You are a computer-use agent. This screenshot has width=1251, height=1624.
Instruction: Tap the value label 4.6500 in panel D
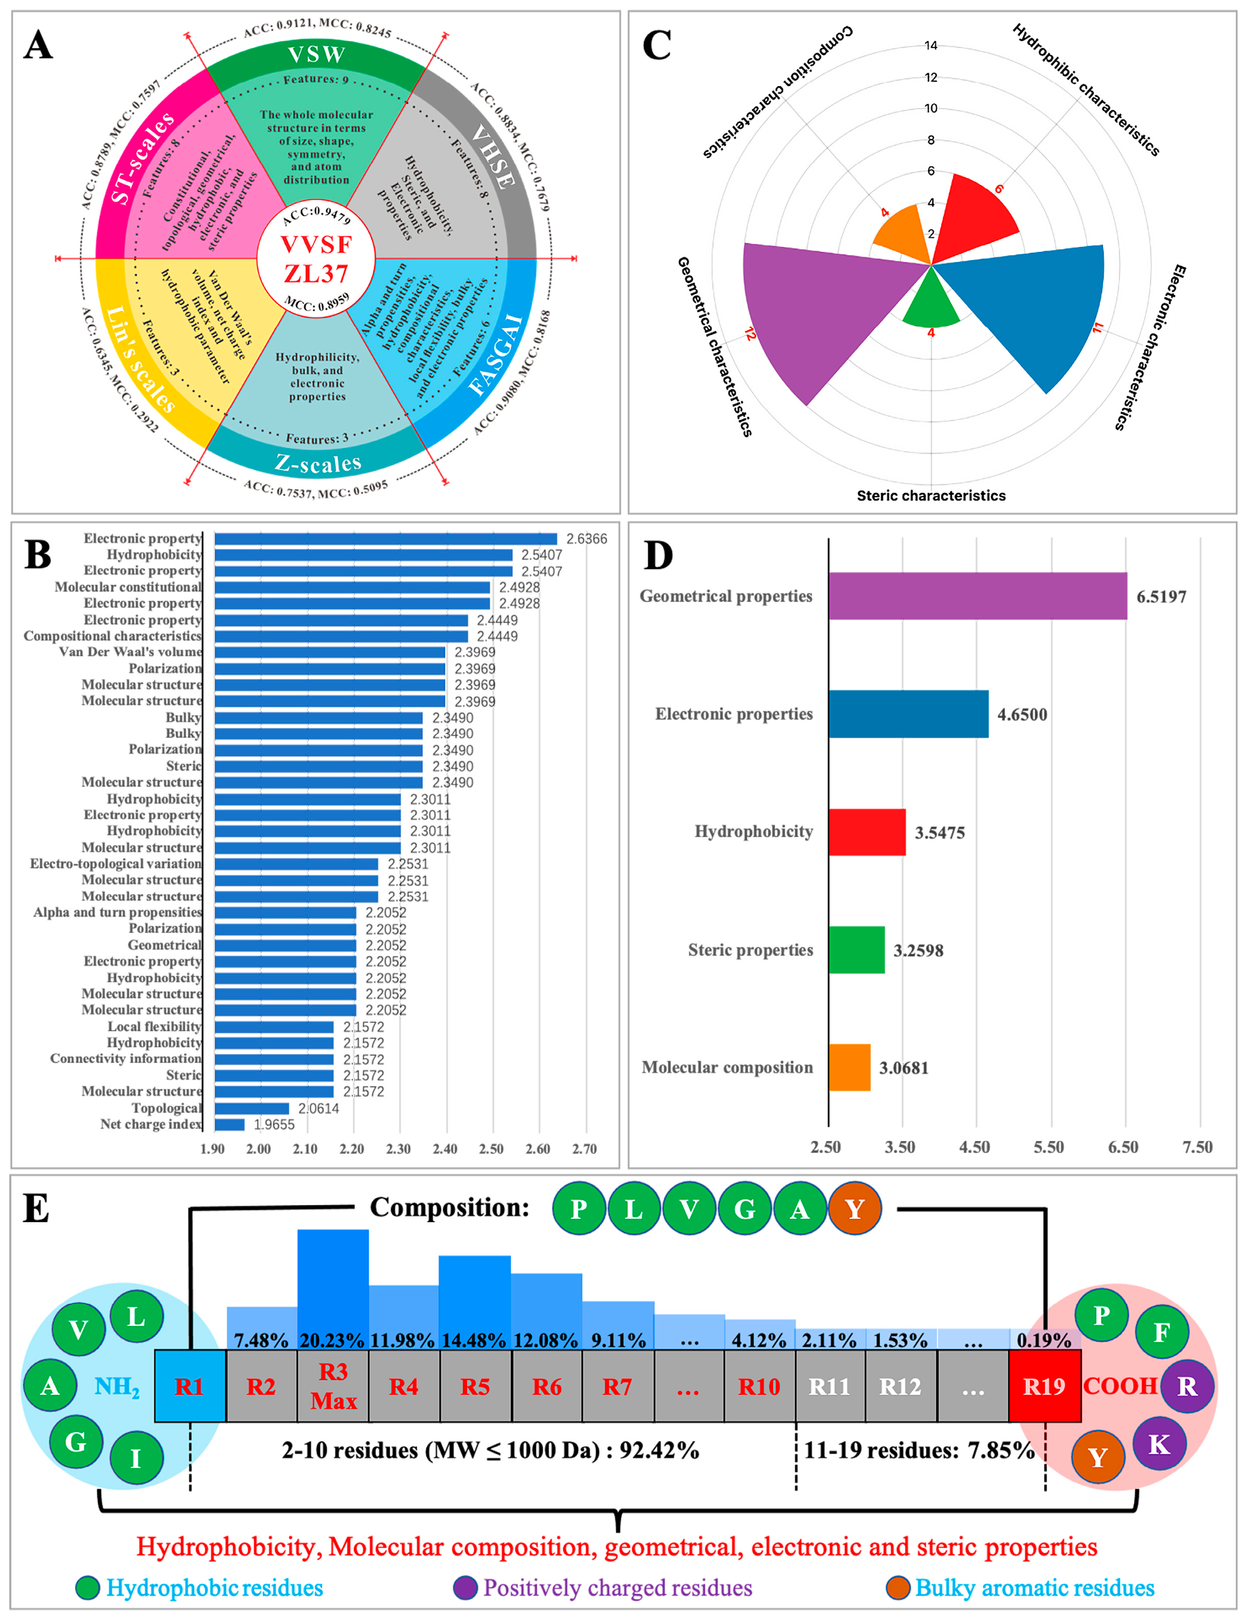point(1022,714)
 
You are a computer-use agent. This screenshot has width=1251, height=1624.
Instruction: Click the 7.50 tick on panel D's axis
point(1197,1148)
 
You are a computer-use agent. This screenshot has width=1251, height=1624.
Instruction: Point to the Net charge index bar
point(229,1124)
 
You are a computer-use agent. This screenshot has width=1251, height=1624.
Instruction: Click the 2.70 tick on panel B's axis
point(584,1149)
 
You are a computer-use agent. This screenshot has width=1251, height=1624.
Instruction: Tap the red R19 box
point(1044,1386)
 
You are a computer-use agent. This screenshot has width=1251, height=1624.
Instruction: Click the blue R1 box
point(190,1386)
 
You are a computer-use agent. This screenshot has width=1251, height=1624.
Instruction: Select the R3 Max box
point(333,1386)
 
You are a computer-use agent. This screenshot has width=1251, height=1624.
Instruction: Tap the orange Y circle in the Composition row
point(855,1209)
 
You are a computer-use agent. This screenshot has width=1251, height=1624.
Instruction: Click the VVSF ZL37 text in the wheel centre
point(316,259)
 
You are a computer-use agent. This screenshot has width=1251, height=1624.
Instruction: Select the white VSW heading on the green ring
point(316,54)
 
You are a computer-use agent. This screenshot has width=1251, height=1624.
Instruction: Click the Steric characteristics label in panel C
point(930,495)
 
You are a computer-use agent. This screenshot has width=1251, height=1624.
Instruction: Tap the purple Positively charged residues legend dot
point(464,1588)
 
